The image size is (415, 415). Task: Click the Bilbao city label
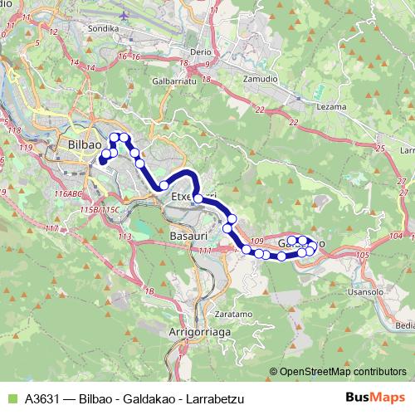79,144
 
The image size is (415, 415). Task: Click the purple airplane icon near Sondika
124,15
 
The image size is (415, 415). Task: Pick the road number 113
125,237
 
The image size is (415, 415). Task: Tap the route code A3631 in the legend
43,398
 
